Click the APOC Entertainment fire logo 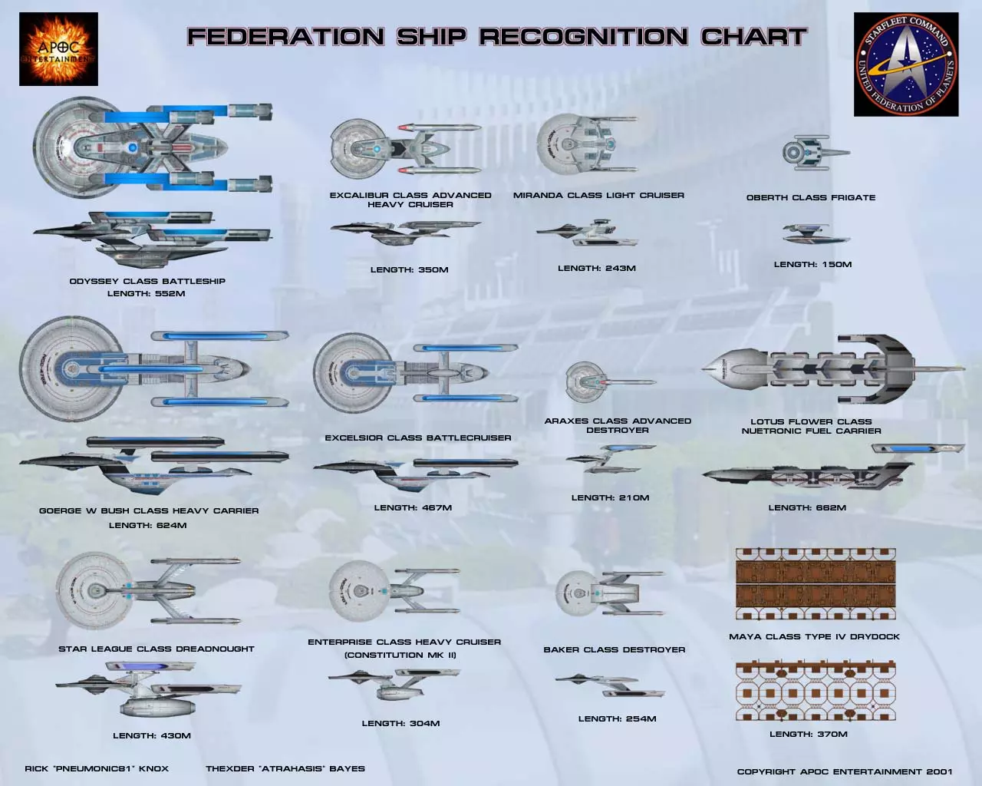pos(58,49)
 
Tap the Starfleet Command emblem pos(906,64)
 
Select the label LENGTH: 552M pos(146,293)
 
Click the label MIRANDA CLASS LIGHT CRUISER pos(598,195)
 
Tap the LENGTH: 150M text pos(812,264)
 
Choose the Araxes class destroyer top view pos(607,381)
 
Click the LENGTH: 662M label pos(807,507)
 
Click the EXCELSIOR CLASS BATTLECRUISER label pos(417,438)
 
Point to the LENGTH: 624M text pos(147,525)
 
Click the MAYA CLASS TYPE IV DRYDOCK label pos(814,636)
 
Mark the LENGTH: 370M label pos(809,734)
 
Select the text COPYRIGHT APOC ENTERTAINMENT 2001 pos(844,771)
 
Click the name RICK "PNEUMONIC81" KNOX pos(97,768)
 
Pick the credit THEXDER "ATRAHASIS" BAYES pos(285,768)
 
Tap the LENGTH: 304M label pos(400,723)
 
